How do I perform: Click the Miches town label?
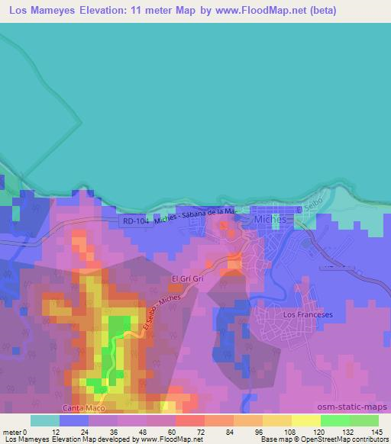click(x=270, y=219)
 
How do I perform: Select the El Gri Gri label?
click(x=188, y=279)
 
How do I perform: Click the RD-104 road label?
click(x=137, y=222)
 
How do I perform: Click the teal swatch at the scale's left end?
click(x=45, y=420)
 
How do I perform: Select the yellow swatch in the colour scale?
click(x=306, y=420)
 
